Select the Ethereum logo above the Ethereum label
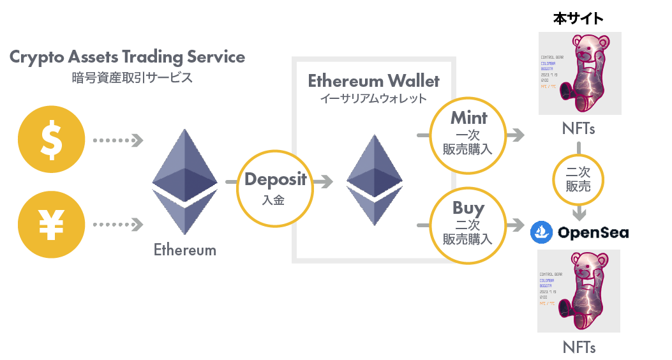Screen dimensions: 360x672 [x=185, y=181]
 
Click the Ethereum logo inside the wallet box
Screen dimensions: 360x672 [x=374, y=180]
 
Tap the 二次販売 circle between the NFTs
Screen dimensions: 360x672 [x=578, y=179]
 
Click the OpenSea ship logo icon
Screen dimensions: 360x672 [x=541, y=232]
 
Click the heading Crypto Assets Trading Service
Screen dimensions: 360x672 [x=127, y=57]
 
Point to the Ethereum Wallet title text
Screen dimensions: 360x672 [x=373, y=82]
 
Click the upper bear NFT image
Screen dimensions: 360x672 [x=579, y=75]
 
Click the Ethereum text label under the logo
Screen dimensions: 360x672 [x=184, y=250]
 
